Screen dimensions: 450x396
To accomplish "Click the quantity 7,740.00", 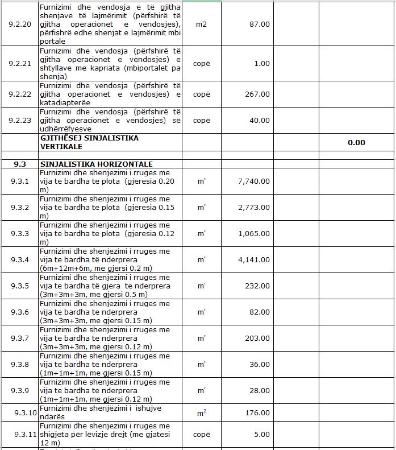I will pos(254,181).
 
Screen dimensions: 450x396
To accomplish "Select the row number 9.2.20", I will pos(20,25).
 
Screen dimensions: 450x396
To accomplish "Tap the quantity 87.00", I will pos(260,25).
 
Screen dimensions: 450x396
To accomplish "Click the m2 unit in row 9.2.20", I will pos(201,25).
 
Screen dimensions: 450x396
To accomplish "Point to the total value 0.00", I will pos(356,143).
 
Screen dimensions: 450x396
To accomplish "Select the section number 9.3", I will pos(20,164).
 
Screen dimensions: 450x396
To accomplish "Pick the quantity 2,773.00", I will pos(254,208).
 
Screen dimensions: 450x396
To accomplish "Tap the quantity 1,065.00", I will pos(254,234).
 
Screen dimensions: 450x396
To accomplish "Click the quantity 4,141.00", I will pos(254,260).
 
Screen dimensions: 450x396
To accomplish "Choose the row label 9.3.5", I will pos(20,286).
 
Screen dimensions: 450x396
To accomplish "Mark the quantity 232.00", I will pos(257,286).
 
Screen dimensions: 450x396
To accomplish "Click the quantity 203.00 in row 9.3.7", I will pos(257,338).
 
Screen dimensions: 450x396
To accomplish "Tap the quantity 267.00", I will pos(257,94).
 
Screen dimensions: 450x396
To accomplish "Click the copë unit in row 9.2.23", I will pos(201,121).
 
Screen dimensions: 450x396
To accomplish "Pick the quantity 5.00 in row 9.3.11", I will pos(262,435).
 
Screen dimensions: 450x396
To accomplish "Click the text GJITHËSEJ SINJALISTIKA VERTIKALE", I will pos(89,142).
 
